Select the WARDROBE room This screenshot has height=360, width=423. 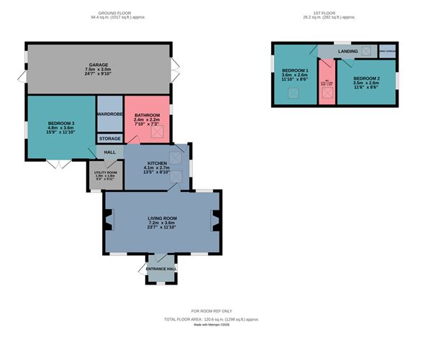(109, 114)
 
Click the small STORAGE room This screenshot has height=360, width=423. (109, 139)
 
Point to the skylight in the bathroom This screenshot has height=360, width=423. (160, 130)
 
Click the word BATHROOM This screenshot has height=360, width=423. (147, 115)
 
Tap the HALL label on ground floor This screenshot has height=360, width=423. (109, 152)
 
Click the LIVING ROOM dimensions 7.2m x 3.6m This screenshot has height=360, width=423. (162, 223)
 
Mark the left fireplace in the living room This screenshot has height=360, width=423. (109, 221)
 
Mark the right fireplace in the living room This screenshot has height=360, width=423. (214, 221)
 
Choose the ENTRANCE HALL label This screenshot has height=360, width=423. (160, 269)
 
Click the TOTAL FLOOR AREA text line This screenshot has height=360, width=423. (211, 318)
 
